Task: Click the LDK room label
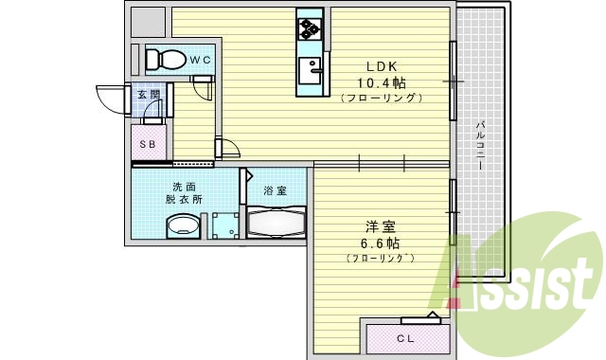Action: pos(382,66)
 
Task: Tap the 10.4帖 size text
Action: pos(382,82)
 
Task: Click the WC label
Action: pos(200,60)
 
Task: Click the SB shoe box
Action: pos(148,144)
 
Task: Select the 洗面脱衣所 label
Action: pos(184,193)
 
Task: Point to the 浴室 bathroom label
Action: pos(275,190)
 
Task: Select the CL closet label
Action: pos(405,338)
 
